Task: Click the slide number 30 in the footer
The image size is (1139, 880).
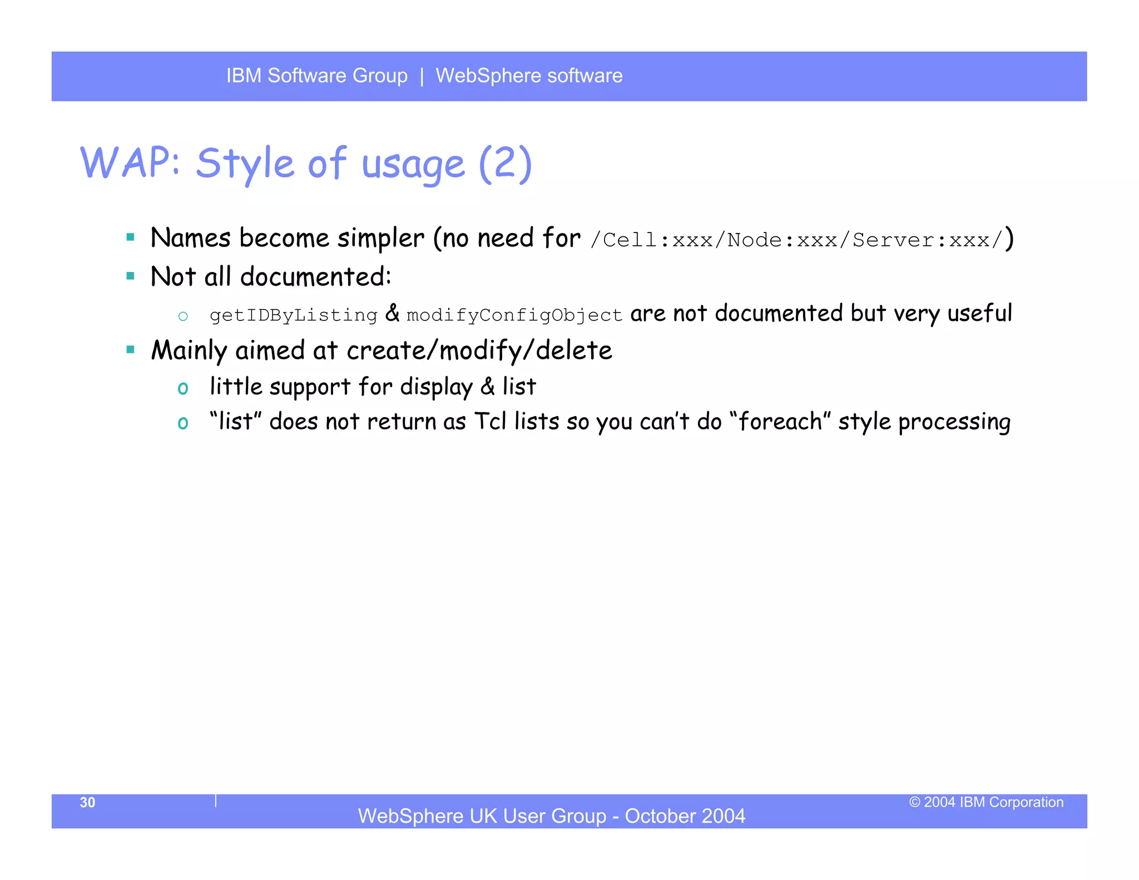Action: [87, 802]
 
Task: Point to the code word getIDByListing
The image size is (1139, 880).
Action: [293, 315]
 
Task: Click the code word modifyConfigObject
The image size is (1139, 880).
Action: [514, 315]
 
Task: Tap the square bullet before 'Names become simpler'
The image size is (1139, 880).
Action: [131, 238]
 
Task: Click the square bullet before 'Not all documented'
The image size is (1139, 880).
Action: [131, 276]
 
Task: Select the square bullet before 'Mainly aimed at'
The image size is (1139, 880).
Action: [131, 350]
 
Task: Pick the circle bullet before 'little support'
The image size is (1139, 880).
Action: [183, 388]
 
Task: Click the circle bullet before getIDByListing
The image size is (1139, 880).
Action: [183, 317]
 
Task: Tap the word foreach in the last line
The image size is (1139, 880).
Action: [780, 422]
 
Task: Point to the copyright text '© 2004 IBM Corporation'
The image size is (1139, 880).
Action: [986, 802]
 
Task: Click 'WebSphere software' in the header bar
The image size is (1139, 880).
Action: [529, 76]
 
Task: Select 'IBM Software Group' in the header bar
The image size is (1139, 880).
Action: [316, 76]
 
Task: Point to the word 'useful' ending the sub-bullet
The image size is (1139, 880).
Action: [979, 313]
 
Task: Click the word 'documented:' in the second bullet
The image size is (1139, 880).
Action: [315, 276]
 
